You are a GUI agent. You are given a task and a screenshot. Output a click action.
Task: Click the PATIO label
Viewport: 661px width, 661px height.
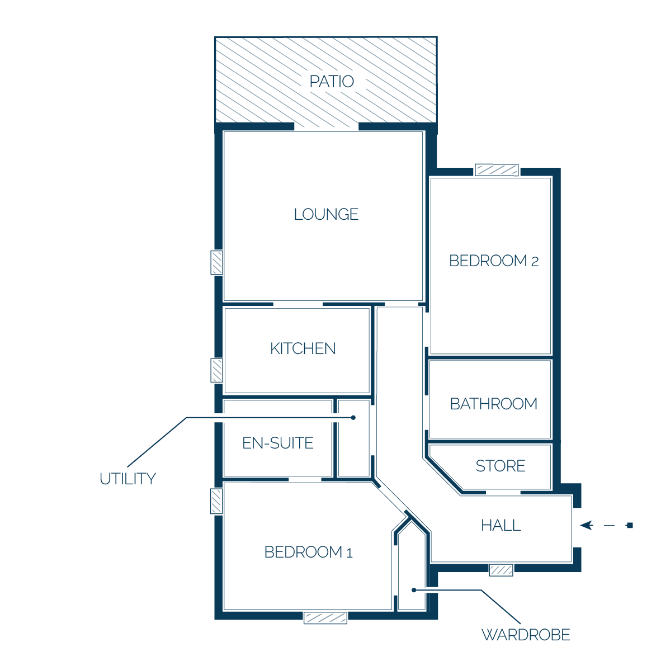pyautogui.click(x=332, y=81)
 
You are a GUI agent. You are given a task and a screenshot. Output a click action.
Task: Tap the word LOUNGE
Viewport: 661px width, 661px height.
pyautogui.click(x=326, y=214)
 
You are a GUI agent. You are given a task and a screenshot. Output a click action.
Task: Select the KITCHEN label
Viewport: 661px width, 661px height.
pyautogui.click(x=303, y=348)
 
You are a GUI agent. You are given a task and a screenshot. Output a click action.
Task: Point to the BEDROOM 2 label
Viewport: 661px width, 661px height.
pyautogui.click(x=494, y=261)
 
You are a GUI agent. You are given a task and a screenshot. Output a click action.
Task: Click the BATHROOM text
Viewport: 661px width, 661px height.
pyautogui.click(x=494, y=404)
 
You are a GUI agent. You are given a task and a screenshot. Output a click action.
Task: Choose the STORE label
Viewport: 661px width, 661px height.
pyautogui.click(x=501, y=466)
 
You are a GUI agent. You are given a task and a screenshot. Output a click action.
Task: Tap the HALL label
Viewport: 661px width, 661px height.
pyautogui.click(x=501, y=525)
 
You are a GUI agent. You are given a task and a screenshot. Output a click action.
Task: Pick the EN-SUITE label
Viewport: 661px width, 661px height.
pyautogui.click(x=278, y=443)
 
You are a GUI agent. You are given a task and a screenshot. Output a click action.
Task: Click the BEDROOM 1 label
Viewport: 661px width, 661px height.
pyautogui.click(x=308, y=552)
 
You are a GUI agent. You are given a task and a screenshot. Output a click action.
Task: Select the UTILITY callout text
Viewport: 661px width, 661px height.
pyautogui.click(x=128, y=479)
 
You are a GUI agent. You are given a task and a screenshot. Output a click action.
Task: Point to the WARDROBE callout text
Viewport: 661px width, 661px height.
pyautogui.click(x=526, y=635)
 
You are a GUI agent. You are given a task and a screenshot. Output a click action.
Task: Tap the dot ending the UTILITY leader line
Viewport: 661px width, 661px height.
pyautogui.click(x=353, y=418)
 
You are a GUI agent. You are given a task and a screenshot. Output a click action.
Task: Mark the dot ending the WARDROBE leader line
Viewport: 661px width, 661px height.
pyautogui.click(x=414, y=590)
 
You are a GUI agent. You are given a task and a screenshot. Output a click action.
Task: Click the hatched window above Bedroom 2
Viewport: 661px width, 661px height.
pyautogui.click(x=497, y=170)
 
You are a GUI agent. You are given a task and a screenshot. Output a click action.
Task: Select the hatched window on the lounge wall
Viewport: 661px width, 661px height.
pyautogui.click(x=216, y=263)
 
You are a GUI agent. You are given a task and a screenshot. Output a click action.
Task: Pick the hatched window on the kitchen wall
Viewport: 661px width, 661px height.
pyautogui.click(x=216, y=371)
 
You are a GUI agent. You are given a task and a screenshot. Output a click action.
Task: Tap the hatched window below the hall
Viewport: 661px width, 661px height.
pyautogui.click(x=501, y=570)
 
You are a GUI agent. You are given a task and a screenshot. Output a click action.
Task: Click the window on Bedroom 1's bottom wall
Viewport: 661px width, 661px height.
pyautogui.click(x=325, y=618)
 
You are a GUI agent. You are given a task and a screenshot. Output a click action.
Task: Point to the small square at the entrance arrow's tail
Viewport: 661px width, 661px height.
pyautogui.click(x=630, y=525)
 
